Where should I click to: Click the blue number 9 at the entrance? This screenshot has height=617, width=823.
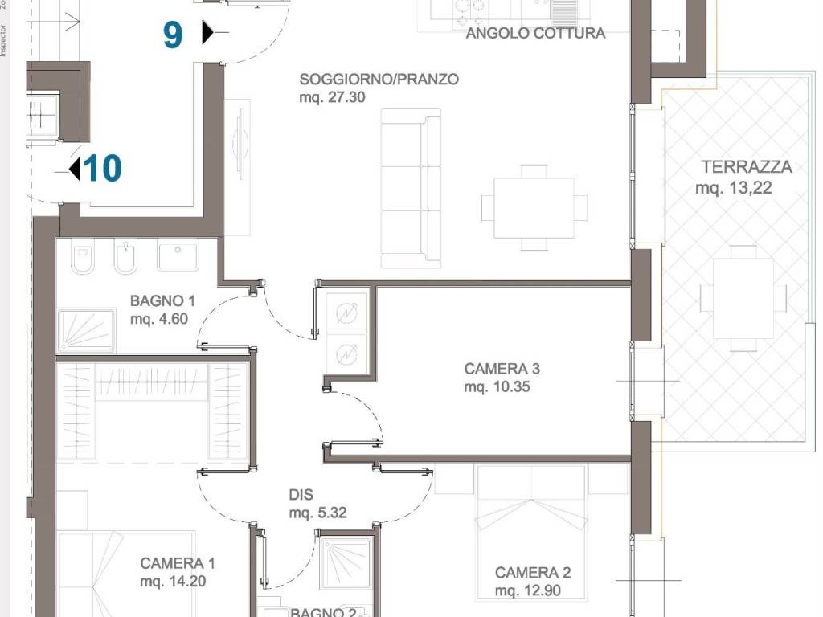[x=173, y=35]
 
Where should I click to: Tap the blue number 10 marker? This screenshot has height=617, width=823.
[x=102, y=170]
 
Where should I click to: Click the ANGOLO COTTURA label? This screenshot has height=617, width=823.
[x=535, y=33]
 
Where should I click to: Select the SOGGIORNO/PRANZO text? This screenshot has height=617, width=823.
[x=379, y=80]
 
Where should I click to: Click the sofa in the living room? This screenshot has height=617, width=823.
[x=411, y=189]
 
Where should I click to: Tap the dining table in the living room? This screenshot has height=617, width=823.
[x=534, y=208]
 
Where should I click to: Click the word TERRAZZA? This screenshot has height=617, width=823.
[x=746, y=167]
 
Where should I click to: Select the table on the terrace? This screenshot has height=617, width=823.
[x=743, y=298]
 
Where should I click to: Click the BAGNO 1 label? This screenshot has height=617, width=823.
[x=163, y=301]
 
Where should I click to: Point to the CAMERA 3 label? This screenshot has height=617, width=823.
[x=502, y=369]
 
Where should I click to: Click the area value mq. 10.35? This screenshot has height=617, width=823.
[x=497, y=387]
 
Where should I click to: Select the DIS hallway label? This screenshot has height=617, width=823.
[x=301, y=496]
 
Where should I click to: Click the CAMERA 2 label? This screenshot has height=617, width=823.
[x=532, y=573]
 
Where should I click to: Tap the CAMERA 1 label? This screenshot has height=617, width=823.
[x=177, y=563]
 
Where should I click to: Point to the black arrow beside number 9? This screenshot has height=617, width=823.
[x=207, y=33]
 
